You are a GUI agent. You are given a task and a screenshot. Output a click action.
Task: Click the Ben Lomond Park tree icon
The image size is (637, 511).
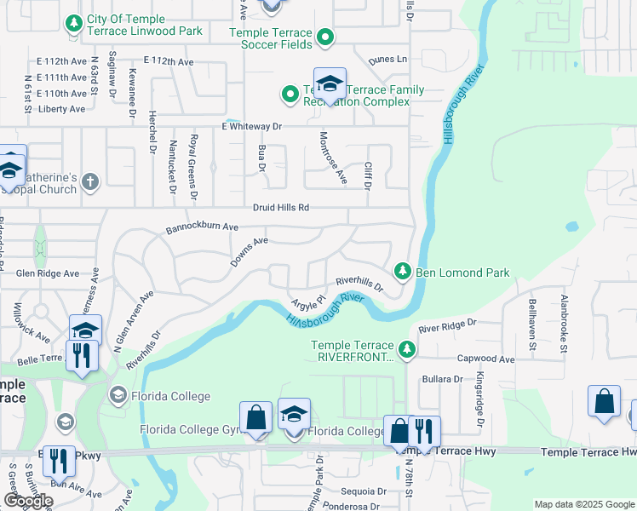pyautogui.click(x=402, y=272)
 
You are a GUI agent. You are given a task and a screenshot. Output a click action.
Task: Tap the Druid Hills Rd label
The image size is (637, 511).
pyautogui.click(x=280, y=208)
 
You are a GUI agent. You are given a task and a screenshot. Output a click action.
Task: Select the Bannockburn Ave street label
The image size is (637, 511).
pyautogui.click(x=202, y=228)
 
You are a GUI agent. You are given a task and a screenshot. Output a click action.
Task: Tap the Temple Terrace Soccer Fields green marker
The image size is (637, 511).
pyautogui.click(x=324, y=37)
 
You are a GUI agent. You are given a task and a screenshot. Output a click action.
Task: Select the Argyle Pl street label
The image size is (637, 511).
pyautogui.click(x=309, y=303)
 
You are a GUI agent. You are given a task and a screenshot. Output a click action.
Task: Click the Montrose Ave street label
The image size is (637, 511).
pyautogui.click(x=333, y=158)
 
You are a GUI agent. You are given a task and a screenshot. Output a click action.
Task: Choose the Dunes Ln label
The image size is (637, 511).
pyautogui.click(x=388, y=60)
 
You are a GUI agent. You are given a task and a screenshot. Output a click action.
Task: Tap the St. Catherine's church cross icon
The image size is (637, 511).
pyautogui.click(x=90, y=181)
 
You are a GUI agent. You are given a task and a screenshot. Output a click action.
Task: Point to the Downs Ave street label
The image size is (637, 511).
pyautogui.click(x=249, y=252)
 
